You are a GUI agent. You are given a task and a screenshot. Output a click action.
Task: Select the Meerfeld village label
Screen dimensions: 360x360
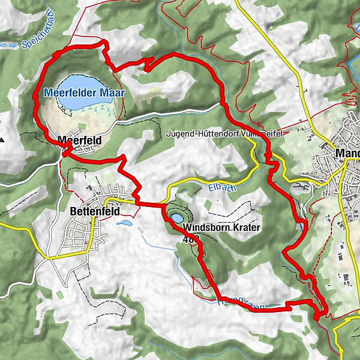(80, 140)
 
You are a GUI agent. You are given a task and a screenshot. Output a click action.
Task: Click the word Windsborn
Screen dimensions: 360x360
(205, 228)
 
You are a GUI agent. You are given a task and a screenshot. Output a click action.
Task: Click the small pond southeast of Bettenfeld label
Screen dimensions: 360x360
(124, 222)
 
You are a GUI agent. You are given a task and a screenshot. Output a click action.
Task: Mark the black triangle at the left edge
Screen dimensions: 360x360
(2, 140)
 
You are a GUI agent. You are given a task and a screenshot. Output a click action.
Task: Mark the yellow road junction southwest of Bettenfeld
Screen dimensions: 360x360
(47, 257)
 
